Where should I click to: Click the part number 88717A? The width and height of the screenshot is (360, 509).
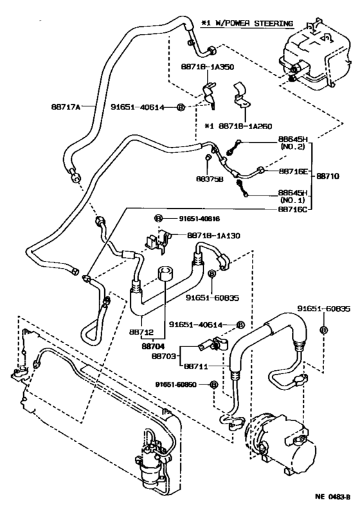(64, 107)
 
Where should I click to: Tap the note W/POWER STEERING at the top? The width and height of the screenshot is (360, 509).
(252, 24)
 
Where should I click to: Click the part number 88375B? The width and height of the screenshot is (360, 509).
(209, 179)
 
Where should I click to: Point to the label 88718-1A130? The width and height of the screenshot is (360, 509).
(213, 236)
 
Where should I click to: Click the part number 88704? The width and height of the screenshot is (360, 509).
(154, 344)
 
